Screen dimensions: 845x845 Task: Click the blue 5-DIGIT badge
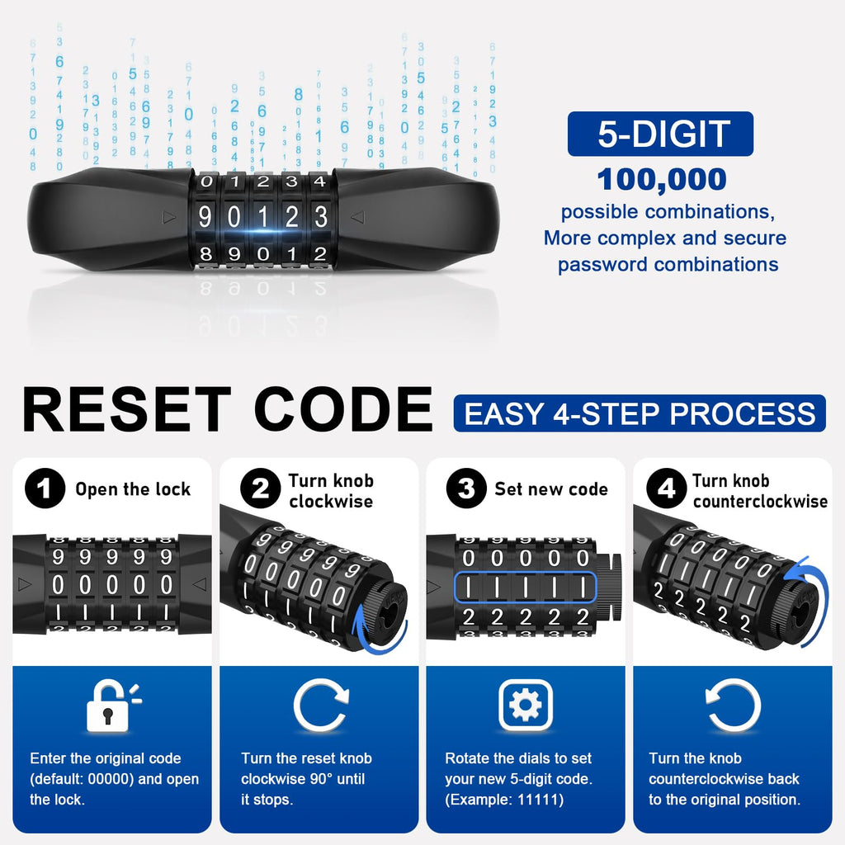(x=660, y=134)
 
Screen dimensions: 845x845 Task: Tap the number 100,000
(x=662, y=179)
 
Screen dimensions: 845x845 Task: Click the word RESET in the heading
(x=127, y=409)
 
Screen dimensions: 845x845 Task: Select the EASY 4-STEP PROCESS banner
(x=640, y=413)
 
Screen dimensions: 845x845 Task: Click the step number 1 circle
(x=45, y=489)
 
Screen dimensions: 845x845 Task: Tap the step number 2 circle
(x=260, y=489)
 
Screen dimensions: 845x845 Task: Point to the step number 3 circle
(x=467, y=489)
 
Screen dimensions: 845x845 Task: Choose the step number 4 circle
(x=667, y=489)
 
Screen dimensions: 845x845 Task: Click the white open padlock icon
(x=113, y=706)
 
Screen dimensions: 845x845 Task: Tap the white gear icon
(x=526, y=705)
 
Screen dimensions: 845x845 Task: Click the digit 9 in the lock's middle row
(x=205, y=217)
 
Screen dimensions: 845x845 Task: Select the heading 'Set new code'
(x=551, y=489)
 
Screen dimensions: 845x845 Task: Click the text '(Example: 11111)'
(x=504, y=799)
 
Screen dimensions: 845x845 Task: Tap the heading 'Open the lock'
(x=133, y=489)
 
